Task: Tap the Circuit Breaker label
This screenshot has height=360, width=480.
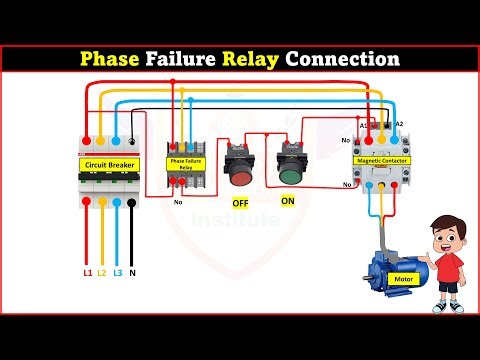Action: coord(107,163)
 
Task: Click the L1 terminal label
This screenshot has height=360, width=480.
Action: coord(87,272)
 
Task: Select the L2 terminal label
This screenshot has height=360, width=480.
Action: coord(103,272)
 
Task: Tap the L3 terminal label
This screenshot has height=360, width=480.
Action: coord(119,272)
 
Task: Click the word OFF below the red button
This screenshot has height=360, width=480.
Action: coord(240,203)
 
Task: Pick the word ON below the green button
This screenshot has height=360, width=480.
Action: coord(288,201)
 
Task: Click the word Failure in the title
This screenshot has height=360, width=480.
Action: coord(186,59)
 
